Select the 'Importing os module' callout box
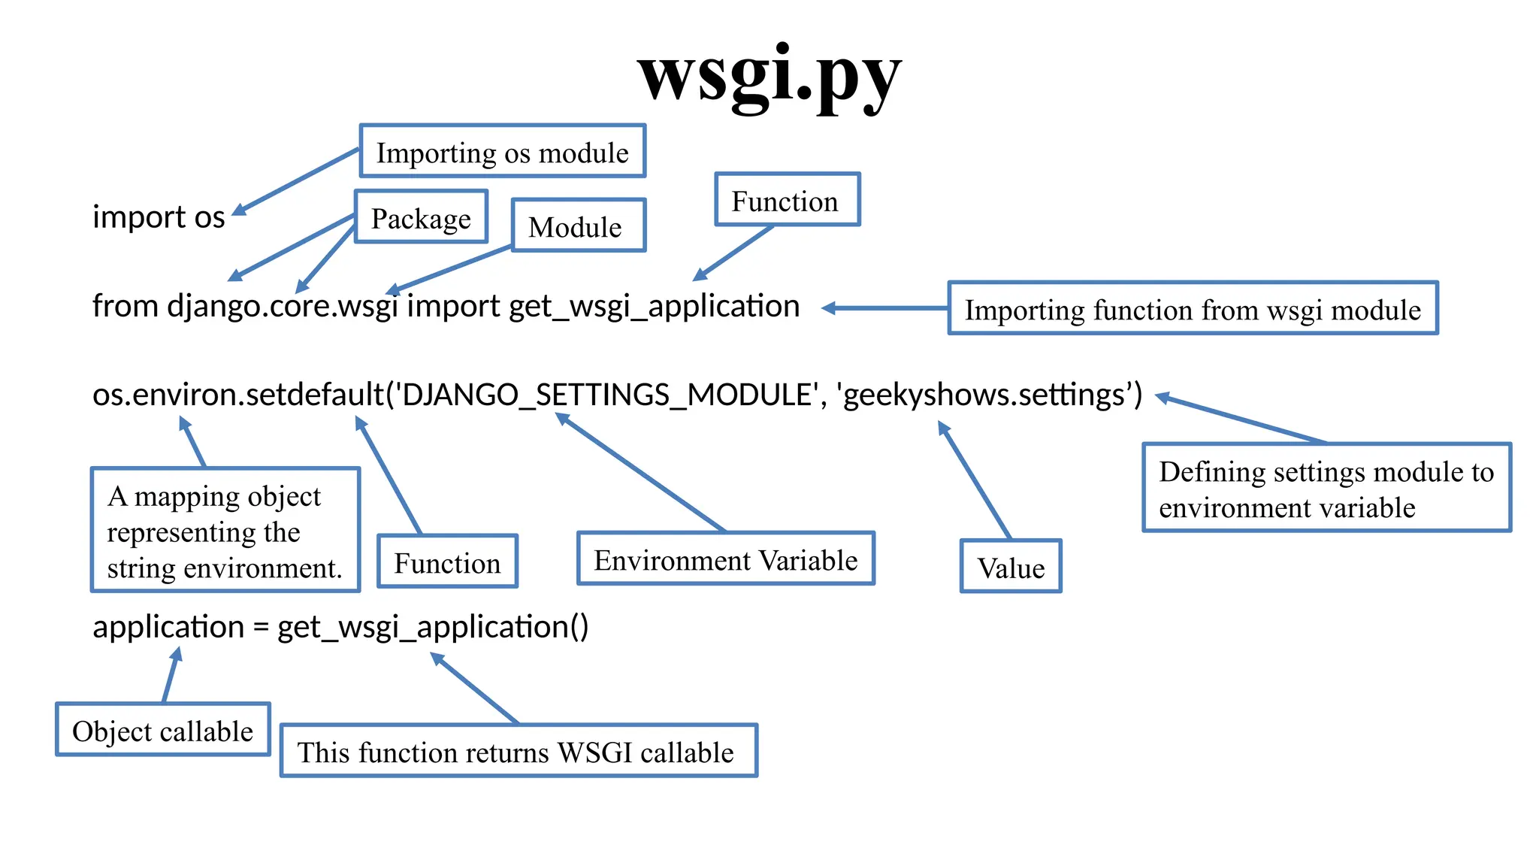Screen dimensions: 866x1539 [x=502, y=151]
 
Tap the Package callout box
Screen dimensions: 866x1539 [x=421, y=217]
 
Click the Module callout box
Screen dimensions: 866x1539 [x=578, y=226]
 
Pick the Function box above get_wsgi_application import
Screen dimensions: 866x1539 [x=787, y=200]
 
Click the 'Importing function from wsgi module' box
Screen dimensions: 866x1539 [x=1192, y=308]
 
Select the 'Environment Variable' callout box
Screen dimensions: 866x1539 [x=725, y=559]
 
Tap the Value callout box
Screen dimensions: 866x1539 [x=1010, y=566]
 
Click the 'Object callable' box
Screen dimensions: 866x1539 [x=162, y=729]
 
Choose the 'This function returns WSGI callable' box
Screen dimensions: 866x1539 [x=518, y=750]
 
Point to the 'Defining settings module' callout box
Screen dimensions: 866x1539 [x=1326, y=488]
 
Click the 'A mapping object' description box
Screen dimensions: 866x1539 [x=225, y=530]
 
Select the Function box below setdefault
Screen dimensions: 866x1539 [x=447, y=562]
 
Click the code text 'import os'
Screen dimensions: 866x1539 [x=159, y=217]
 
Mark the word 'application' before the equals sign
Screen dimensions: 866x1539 [x=168, y=627]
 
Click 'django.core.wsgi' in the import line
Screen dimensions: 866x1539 [x=283, y=307]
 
